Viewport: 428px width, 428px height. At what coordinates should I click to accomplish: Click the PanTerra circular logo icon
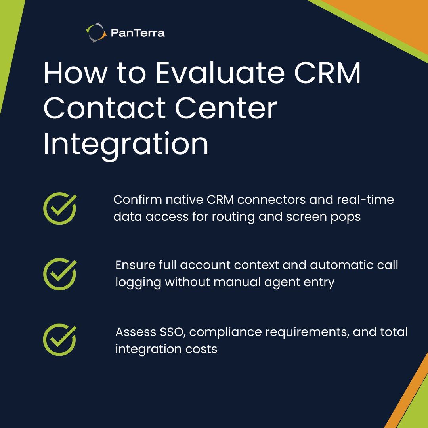(x=96, y=32)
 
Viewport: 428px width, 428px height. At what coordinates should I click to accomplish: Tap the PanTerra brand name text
(x=138, y=33)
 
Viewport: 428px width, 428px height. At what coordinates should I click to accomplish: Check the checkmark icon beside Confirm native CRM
(x=59, y=208)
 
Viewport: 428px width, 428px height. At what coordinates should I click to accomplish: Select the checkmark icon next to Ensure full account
(x=59, y=274)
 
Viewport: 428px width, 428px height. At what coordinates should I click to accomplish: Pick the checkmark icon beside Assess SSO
(x=59, y=340)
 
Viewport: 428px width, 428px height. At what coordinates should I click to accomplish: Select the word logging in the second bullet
(x=138, y=283)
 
